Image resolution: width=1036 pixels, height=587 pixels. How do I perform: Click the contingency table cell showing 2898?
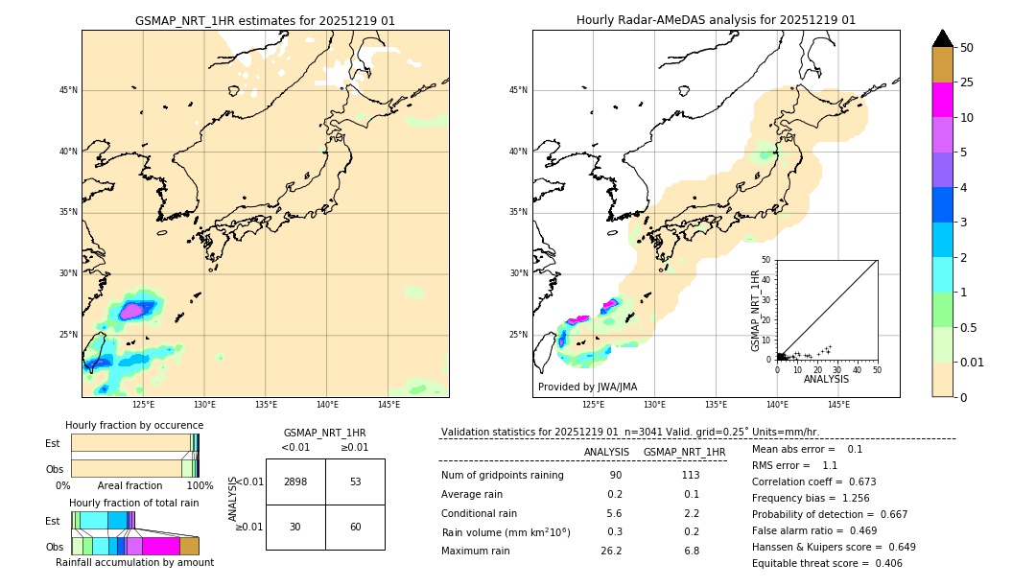[x=295, y=481]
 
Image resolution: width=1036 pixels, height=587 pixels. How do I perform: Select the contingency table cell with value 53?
[x=355, y=481]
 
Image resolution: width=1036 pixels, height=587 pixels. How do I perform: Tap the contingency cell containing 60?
[x=355, y=527]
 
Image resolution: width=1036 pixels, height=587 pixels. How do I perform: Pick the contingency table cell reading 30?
[x=295, y=527]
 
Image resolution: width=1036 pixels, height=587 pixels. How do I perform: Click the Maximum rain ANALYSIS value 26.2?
[x=611, y=551]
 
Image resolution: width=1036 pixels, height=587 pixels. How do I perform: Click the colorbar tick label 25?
[x=967, y=82]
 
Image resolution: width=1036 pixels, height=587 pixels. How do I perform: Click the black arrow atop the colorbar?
[x=943, y=38]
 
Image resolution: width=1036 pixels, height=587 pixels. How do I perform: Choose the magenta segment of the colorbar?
[x=943, y=100]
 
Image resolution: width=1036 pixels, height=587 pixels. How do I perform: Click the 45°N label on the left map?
[x=68, y=90]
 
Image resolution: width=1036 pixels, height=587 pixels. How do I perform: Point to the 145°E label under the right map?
[x=838, y=405]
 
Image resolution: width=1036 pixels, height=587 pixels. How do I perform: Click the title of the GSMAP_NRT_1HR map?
[x=265, y=20]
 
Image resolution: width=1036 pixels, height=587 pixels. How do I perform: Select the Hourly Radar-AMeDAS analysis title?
[x=716, y=20]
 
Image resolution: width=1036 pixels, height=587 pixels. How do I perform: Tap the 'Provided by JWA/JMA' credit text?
[x=587, y=387]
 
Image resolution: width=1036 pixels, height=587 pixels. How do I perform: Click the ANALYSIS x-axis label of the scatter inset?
[x=826, y=379]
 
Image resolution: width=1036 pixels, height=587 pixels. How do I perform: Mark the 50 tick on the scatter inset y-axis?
[x=766, y=260]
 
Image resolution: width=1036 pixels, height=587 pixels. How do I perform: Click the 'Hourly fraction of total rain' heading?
[x=134, y=503]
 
